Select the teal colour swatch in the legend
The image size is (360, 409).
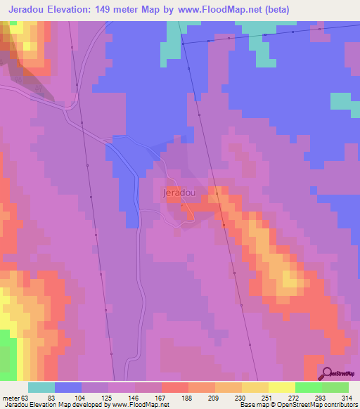pyautogui.click(x=41, y=388)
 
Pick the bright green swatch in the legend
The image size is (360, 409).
pyautogui.click(x=308, y=388)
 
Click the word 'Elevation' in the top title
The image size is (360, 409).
pyautogui.click(x=63, y=9)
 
